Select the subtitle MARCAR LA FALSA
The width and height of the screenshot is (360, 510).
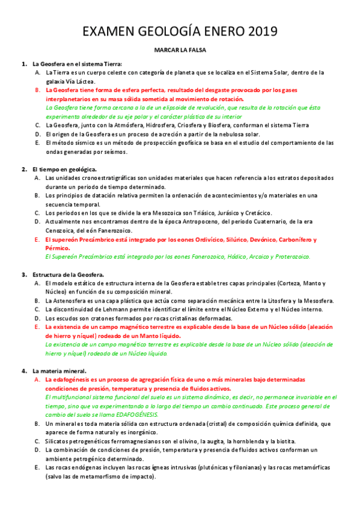tap(180, 52)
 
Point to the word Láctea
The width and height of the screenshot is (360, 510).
tap(83, 81)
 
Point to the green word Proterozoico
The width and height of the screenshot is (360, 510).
tap(288, 257)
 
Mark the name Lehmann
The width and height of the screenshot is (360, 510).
tap(136, 309)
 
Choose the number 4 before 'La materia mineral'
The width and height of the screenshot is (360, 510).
tap(23, 371)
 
